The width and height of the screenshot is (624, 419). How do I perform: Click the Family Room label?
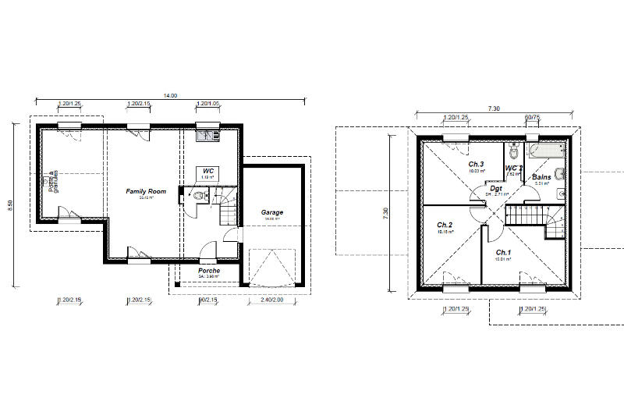click(x=147, y=191)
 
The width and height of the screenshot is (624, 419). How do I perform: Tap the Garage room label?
click(x=272, y=212)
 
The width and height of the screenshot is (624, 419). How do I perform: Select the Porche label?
click(x=208, y=271)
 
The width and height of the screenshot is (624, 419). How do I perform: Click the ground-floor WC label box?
click(x=207, y=172)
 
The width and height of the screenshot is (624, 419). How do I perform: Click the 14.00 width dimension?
click(x=169, y=95)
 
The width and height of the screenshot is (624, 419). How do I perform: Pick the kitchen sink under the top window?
click(x=207, y=137)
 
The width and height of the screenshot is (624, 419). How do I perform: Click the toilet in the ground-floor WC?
click(x=192, y=197)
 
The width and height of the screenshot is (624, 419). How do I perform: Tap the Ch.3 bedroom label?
click(x=476, y=165)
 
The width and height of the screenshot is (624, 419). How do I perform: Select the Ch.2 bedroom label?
click(x=445, y=225)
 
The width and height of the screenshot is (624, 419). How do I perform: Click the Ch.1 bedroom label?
click(x=503, y=253)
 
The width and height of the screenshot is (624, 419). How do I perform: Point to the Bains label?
click(x=541, y=177)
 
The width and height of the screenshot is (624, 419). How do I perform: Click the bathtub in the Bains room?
click(x=547, y=148)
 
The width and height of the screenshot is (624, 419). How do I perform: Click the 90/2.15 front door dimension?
click(x=207, y=300)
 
